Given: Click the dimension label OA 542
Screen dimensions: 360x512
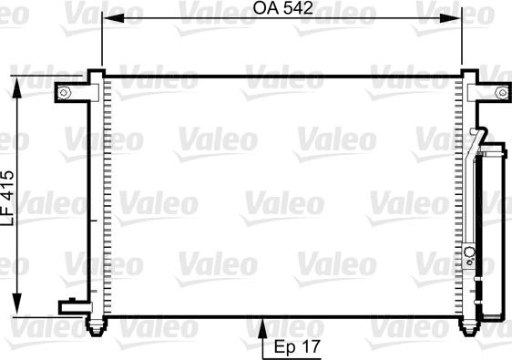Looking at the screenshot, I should tap(283, 10).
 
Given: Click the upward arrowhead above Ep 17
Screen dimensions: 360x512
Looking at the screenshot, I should tap(264, 320).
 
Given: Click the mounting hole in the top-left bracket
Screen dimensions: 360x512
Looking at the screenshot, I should tap(65, 91).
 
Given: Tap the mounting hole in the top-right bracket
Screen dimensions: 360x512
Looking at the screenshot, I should tap(500, 91).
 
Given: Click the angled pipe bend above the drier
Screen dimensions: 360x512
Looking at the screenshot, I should tap(475, 141).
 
